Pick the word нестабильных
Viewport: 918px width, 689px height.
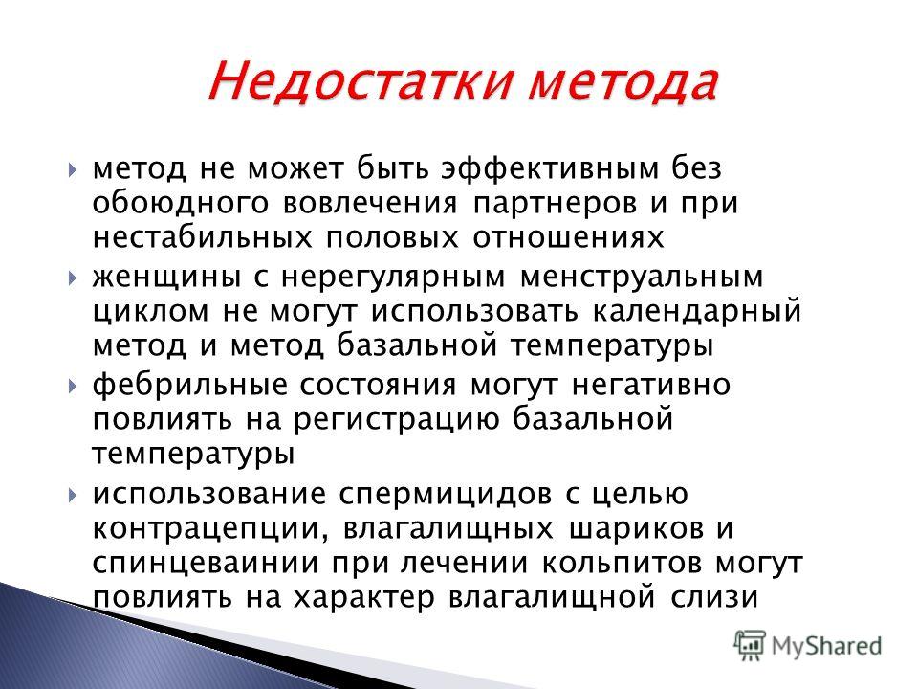coord(202,238)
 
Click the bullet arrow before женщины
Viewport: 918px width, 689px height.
coord(72,278)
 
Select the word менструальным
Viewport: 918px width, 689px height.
coord(643,278)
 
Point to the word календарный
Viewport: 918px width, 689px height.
coord(696,312)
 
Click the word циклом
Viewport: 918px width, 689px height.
coord(151,312)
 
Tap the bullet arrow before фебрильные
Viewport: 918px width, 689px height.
coord(72,386)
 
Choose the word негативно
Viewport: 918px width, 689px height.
coord(651,386)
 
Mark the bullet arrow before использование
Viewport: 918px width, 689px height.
coord(72,495)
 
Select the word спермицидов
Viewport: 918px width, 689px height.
coord(445,495)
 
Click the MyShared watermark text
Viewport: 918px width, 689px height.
coord(826,646)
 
